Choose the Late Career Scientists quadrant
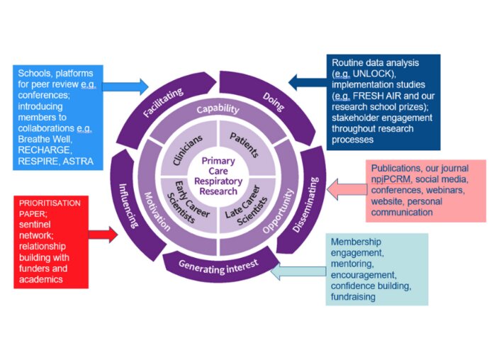248,206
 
